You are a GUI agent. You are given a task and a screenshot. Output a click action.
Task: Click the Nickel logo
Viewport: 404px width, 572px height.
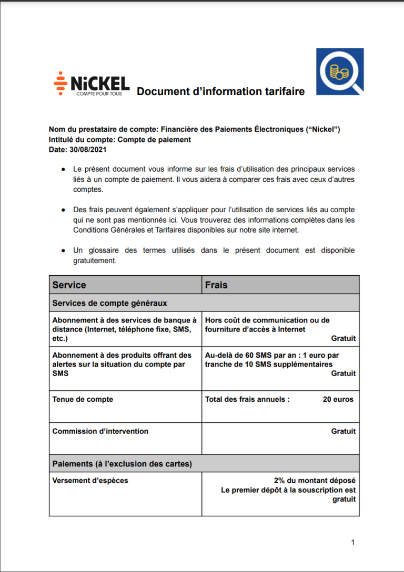click(92, 84)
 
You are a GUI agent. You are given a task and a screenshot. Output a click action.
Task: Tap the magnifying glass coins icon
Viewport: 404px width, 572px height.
click(339, 71)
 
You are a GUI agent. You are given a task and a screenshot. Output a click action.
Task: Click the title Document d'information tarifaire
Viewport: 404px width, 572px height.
click(220, 92)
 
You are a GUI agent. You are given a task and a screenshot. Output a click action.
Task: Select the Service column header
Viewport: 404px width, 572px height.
click(69, 285)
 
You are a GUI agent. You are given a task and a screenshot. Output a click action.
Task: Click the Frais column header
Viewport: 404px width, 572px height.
click(216, 285)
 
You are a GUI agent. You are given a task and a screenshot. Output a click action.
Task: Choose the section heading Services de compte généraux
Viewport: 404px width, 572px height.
click(109, 303)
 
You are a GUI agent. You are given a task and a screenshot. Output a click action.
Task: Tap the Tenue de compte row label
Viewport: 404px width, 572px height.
click(83, 399)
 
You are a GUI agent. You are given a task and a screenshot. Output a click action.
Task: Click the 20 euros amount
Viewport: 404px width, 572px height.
click(338, 399)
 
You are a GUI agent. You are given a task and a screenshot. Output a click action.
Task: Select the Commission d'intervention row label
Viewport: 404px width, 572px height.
click(100, 431)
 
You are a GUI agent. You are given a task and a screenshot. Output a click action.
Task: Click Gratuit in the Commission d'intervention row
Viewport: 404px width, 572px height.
click(343, 431)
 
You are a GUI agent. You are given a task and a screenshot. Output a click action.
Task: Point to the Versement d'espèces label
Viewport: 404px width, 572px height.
click(90, 480)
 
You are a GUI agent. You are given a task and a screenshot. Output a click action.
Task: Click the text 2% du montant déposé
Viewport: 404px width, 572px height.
click(315, 480)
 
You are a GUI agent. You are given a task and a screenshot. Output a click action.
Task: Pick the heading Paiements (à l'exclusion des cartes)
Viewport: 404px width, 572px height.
click(122, 464)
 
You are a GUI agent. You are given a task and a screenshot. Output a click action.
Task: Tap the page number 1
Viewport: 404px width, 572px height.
click(353, 542)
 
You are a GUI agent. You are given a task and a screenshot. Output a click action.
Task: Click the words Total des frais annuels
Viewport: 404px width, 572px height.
click(247, 399)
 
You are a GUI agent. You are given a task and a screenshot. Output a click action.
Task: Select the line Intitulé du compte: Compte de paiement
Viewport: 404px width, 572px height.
click(119, 140)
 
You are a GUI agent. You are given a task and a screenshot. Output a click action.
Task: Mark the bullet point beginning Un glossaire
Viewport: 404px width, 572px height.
click(214, 255)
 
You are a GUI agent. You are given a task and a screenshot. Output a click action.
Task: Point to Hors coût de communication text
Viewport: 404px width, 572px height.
click(267, 320)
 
